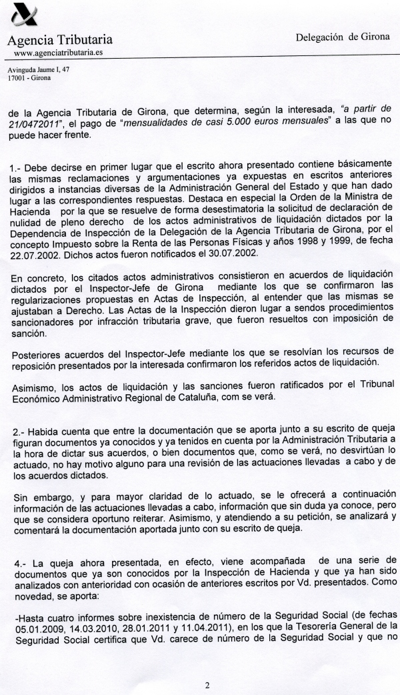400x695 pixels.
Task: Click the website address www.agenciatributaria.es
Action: pos(54,52)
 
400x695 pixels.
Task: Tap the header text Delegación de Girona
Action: pos(343,37)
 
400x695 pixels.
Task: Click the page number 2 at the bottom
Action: pos(207,684)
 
